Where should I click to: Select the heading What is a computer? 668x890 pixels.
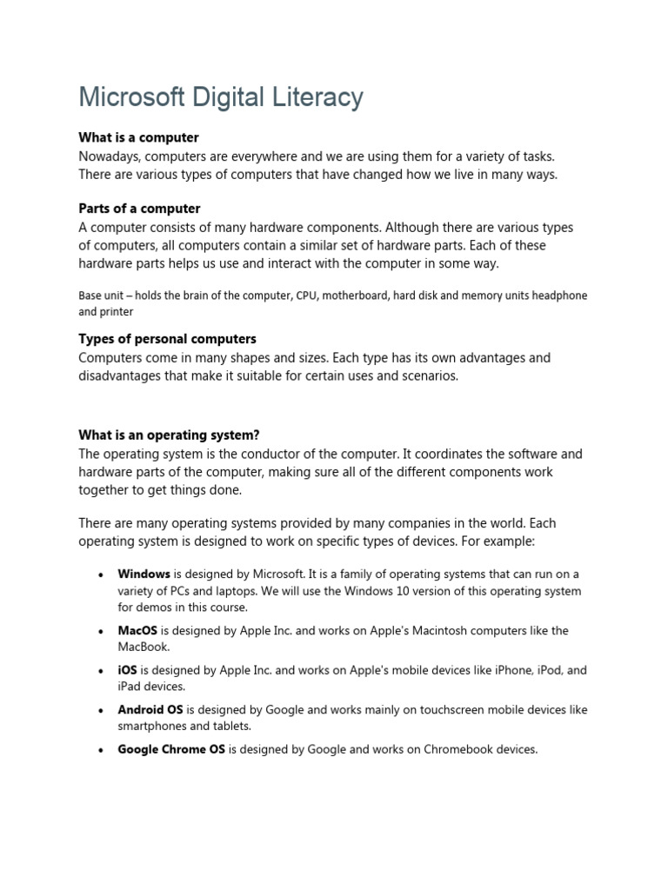(138, 137)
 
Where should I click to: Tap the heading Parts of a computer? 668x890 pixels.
(139, 209)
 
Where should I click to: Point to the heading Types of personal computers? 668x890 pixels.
(167, 339)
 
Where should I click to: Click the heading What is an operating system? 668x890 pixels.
(169, 435)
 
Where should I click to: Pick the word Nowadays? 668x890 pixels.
(109, 156)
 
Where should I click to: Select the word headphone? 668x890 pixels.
(558, 296)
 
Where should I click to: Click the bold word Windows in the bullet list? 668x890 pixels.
(144, 575)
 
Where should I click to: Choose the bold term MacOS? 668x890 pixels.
(137, 631)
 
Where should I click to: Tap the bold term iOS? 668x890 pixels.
(127, 671)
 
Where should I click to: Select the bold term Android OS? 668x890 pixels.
(150, 710)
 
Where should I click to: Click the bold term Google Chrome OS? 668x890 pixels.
(171, 749)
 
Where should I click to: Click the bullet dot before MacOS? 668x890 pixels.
(102, 632)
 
